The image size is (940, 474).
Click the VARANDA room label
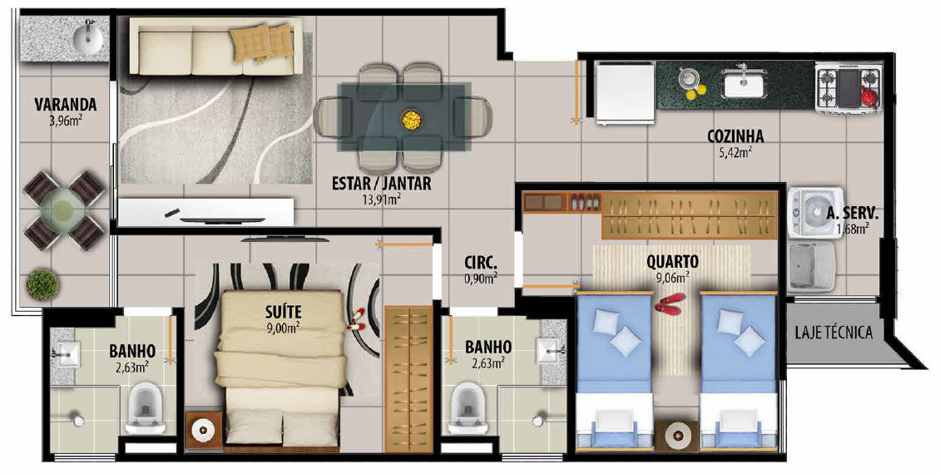pos(66,104)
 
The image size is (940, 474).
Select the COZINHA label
pos(735,136)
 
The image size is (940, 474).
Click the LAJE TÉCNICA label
pos(834,332)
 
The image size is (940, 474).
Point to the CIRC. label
pos(480,263)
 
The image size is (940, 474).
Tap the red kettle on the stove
pos(869,96)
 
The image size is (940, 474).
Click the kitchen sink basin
pos(744,83)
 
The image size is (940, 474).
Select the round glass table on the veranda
pos(63,210)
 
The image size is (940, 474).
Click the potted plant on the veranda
pos(42,284)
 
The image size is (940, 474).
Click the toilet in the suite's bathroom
pos(146,407)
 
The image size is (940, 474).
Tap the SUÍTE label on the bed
pos(283,312)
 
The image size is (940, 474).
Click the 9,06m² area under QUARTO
pos(672,276)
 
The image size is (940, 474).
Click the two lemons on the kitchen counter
pos(695,91)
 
